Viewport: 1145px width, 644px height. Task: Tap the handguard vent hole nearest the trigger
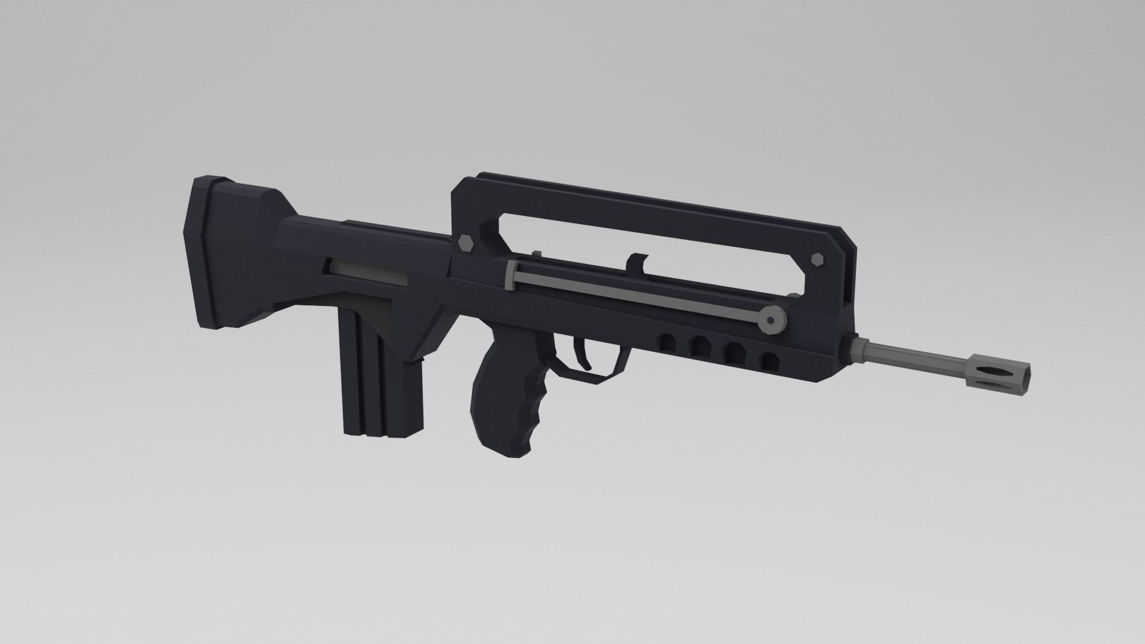[x=666, y=343]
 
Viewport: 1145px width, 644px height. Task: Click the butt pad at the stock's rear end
[x=203, y=250]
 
